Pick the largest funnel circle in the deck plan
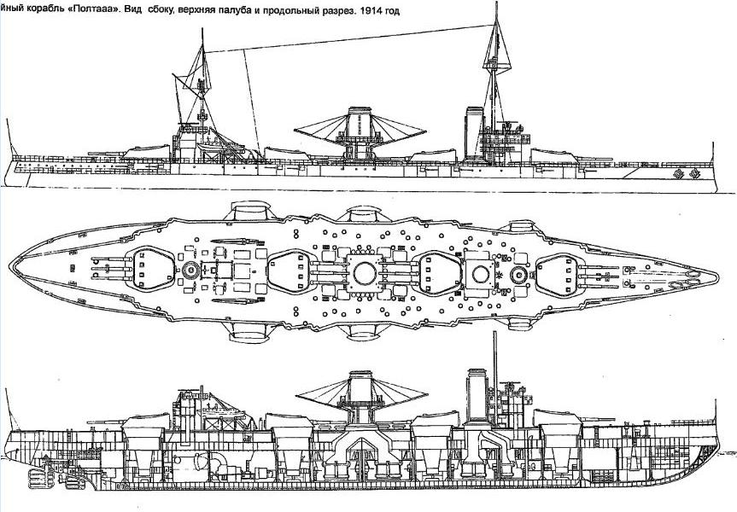(365, 273)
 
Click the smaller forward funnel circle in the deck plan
(481, 274)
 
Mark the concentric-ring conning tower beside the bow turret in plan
(519, 274)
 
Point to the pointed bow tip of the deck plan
(717, 275)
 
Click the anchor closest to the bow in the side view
(694, 174)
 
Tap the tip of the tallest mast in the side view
(496, 3)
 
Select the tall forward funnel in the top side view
(474, 134)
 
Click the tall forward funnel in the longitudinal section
(477, 394)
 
